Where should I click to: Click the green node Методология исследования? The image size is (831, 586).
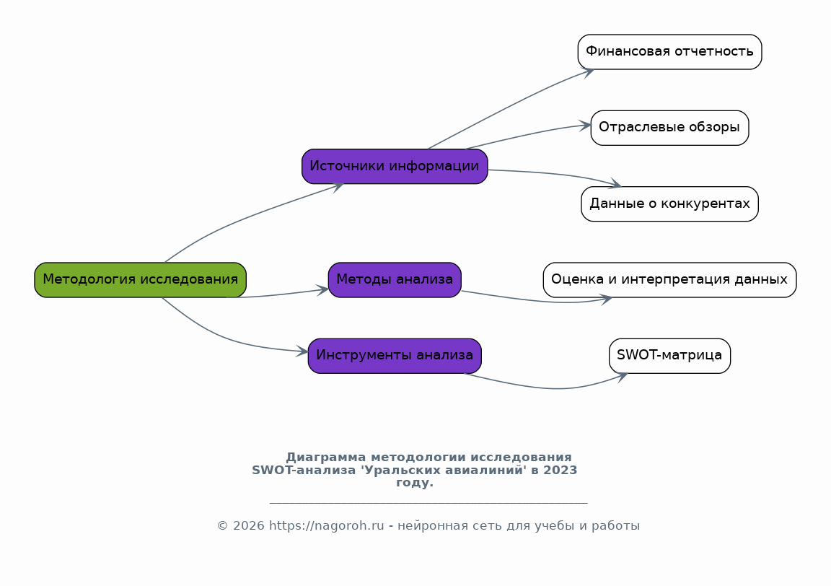[141, 279]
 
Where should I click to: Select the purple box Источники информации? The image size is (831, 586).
[395, 166]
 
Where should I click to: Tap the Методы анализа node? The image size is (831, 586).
[395, 279]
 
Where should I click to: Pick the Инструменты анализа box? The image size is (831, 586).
[395, 356]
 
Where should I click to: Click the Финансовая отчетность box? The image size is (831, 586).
[670, 52]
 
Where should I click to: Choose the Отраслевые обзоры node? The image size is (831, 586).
[670, 128]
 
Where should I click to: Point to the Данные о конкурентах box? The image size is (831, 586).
[670, 204]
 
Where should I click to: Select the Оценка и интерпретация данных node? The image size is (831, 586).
[670, 279]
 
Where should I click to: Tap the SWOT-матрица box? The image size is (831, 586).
[670, 356]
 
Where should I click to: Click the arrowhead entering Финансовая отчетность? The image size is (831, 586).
[588, 73]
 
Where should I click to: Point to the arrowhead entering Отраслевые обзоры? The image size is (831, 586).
[584, 126]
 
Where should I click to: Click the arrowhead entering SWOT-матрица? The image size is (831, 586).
[621, 377]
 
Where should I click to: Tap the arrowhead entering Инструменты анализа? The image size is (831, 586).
[302, 351]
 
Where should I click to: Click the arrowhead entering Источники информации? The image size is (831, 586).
[338, 186]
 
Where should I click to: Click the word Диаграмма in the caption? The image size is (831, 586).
[326, 457]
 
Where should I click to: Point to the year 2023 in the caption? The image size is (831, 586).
[560, 470]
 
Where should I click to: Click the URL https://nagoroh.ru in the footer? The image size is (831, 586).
[327, 526]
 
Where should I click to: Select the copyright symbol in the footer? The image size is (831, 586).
[223, 526]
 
